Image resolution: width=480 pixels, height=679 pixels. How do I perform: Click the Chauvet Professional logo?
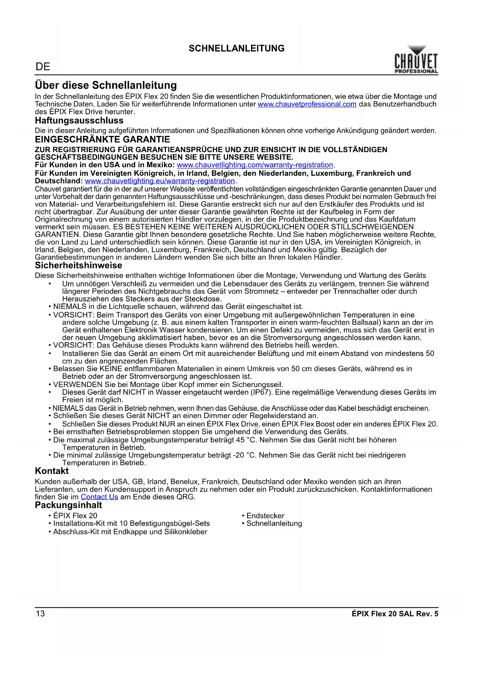(416, 60)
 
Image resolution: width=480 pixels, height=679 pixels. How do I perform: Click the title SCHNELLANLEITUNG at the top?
(236, 48)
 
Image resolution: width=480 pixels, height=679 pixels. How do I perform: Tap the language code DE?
(43, 67)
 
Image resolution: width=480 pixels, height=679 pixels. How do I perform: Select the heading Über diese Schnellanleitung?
(106, 85)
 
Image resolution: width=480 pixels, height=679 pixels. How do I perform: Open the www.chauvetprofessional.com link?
(307, 104)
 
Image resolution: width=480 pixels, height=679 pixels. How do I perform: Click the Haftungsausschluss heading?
(79, 120)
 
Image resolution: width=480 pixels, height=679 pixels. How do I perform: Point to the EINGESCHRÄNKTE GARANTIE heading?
(102, 139)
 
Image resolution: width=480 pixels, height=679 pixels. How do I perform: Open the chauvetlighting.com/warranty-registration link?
(255, 165)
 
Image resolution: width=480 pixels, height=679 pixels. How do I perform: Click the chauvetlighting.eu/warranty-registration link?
(160, 181)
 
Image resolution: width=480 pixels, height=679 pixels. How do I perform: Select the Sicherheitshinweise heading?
(78, 265)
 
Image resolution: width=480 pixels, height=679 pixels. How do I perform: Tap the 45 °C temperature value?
(246, 440)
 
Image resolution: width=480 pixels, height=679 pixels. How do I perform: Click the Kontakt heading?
(51, 471)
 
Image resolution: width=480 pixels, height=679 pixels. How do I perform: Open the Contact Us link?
(99, 497)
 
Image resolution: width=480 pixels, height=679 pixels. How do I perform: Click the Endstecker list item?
(265, 516)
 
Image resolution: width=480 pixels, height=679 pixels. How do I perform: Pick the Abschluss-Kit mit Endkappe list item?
(130, 532)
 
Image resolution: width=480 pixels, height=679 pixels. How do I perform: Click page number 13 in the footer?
(40, 614)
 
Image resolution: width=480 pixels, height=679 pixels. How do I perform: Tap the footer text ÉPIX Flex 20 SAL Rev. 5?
(395, 614)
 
